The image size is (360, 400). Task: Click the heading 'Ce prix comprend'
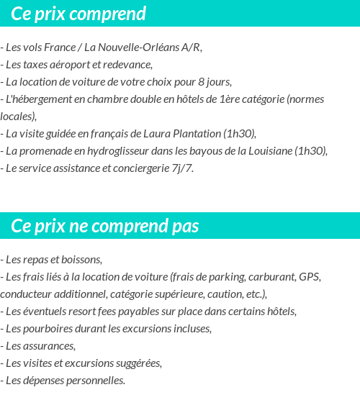tap(78, 14)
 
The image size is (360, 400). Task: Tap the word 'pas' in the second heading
tap(185, 226)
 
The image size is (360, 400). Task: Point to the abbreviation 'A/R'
tap(191, 47)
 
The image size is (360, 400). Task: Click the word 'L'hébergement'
tap(37, 99)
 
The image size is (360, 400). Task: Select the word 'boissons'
tap(83, 260)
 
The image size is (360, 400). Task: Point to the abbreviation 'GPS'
tap(310, 277)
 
